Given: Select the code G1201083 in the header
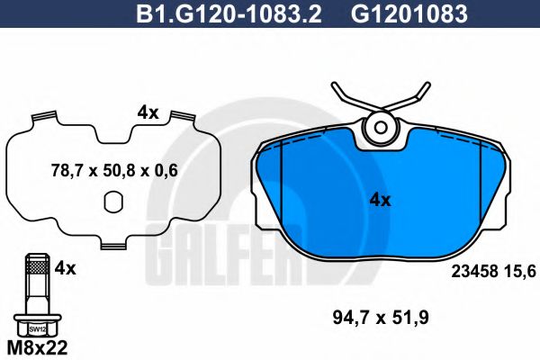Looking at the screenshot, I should [396, 13].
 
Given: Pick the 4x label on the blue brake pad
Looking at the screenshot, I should [380, 200].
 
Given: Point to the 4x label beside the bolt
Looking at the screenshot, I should [66, 268].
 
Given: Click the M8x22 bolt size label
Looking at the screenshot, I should [37, 346].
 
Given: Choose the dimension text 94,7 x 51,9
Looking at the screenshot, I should [384, 317].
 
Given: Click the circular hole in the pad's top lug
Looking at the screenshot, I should [380, 130].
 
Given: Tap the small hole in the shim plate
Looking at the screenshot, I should [113, 205].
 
